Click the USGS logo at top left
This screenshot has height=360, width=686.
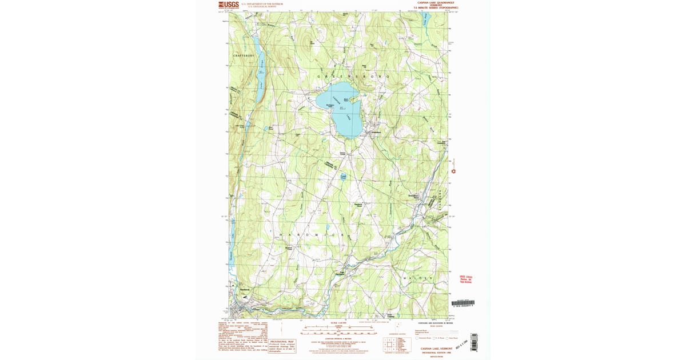point(228,5)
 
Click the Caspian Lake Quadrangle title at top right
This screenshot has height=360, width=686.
point(439,3)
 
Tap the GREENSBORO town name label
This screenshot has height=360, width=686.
point(353,76)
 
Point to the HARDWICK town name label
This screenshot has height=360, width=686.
point(311,235)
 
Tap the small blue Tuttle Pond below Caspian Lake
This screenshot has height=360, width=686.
point(344,178)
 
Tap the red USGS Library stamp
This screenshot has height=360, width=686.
point(465,279)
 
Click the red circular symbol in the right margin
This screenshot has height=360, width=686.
point(454,170)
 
